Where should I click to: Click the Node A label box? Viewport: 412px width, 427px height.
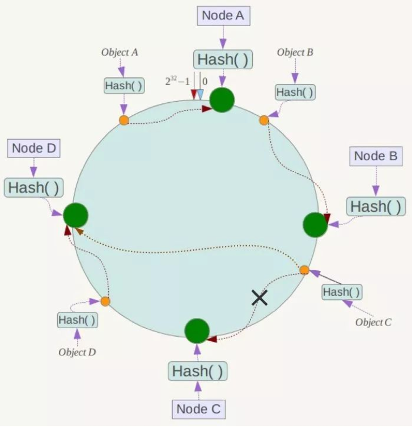pyautogui.click(x=223, y=15)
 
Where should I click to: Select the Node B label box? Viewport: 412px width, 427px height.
pyautogui.click(x=376, y=156)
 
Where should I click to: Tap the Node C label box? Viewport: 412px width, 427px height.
pyautogui.click(x=199, y=409)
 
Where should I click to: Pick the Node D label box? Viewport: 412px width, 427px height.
pyautogui.click(x=33, y=148)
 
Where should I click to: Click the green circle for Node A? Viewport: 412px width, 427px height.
pyautogui.click(x=222, y=100)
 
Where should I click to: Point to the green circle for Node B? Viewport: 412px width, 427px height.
pyautogui.click(x=315, y=225)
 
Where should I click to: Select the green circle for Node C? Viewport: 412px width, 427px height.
pyautogui.click(x=197, y=331)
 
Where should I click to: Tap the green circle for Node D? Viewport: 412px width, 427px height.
pyautogui.click(x=75, y=215)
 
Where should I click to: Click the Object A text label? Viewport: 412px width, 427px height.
pyautogui.click(x=120, y=52)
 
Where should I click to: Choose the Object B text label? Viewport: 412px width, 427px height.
pyautogui.click(x=295, y=52)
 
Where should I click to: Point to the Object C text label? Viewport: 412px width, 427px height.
pyautogui.click(x=373, y=322)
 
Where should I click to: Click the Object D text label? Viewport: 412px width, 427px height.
pyautogui.click(x=77, y=352)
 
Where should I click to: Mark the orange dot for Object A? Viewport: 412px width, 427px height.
pyautogui.click(x=124, y=120)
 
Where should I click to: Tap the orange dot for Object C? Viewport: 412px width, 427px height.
pyautogui.click(x=304, y=270)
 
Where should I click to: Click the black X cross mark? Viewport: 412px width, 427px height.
pyautogui.click(x=260, y=298)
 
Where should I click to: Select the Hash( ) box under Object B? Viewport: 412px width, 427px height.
pyautogui.click(x=295, y=93)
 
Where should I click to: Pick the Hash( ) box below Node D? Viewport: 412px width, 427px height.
pyautogui.click(x=33, y=187)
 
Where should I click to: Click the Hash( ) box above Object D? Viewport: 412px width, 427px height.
pyautogui.click(x=78, y=320)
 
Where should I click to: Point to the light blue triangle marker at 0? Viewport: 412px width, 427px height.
pyautogui.click(x=200, y=94)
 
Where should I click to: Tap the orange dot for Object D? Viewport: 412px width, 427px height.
pyautogui.click(x=105, y=302)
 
